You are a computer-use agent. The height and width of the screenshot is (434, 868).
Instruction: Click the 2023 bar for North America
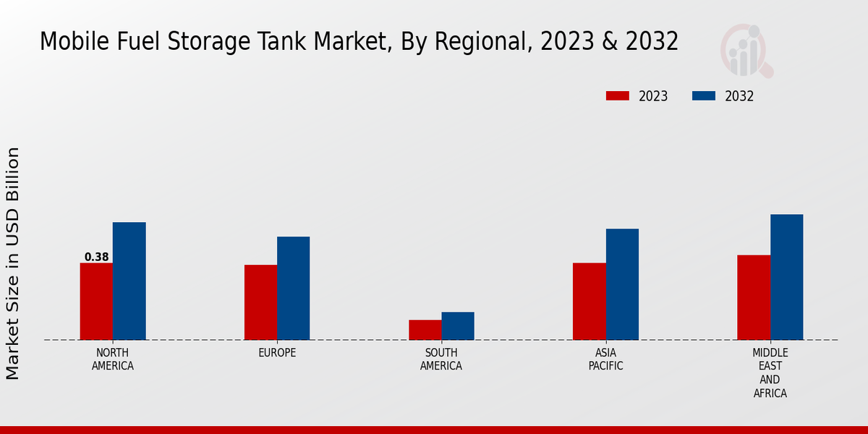click(x=96, y=301)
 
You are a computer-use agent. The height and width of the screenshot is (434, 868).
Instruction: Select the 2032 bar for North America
click(x=129, y=281)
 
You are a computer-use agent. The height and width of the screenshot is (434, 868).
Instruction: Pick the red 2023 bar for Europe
click(x=260, y=302)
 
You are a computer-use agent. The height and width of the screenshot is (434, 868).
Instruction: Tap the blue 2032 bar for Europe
click(x=294, y=288)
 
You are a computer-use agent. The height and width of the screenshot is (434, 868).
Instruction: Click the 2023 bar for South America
click(x=425, y=330)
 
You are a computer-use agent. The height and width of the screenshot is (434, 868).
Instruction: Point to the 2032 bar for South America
click(x=458, y=325)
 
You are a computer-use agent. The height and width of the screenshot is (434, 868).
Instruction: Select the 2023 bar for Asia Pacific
click(x=590, y=301)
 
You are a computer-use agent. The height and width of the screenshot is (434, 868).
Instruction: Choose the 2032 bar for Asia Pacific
click(x=622, y=284)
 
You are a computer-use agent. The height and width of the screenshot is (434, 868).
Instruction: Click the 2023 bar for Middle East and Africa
click(x=754, y=297)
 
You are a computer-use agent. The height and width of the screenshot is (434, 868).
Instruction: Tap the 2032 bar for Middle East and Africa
click(x=787, y=277)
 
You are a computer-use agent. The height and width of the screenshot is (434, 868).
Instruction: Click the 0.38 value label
click(x=97, y=257)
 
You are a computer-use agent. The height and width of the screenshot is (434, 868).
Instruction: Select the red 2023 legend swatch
click(x=618, y=96)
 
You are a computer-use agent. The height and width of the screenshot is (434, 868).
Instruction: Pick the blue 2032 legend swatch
click(x=704, y=96)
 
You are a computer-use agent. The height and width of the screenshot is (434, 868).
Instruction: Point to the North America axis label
click(x=113, y=359)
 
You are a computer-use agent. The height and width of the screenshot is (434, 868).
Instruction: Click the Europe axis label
click(x=277, y=353)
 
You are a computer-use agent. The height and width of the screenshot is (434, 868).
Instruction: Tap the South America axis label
click(x=441, y=359)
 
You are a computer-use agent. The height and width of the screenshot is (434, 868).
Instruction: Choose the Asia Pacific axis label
click(x=605, y=359)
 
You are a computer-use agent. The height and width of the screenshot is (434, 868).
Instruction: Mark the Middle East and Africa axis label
click(x=770, y=373)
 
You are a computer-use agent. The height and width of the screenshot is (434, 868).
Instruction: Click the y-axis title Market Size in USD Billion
click(x=13, y=263)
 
